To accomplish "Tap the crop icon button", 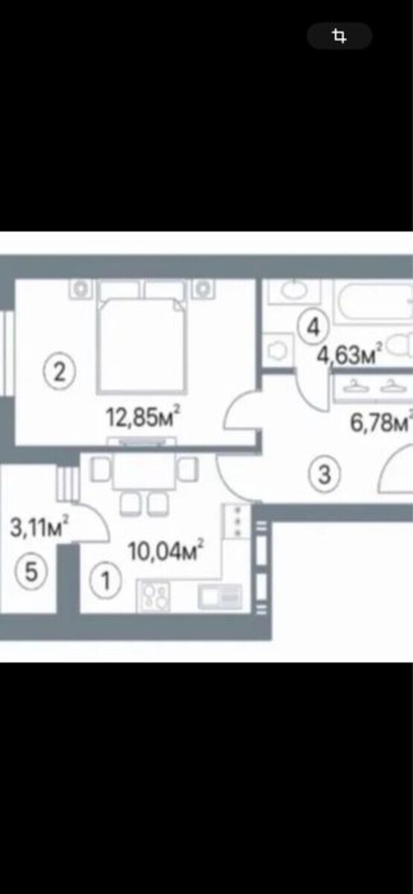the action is (339, 36).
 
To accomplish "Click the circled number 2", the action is (60, 372).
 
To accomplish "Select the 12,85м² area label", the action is (142, 417).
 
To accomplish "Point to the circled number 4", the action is (313, 327).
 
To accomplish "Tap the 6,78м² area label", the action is (381, 422).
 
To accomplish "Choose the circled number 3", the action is (324, 475).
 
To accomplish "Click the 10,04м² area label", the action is (165, 551).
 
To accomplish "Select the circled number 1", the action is (105, 580).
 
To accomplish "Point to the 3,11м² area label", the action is (39, 527).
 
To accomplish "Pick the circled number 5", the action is (31, 571).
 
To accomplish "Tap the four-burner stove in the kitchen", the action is (153, 596).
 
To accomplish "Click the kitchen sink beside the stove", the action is (220, 597).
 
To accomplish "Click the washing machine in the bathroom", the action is (278, 349).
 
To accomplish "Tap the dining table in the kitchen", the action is (144, 471).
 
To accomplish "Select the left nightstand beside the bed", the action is (80, 288).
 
